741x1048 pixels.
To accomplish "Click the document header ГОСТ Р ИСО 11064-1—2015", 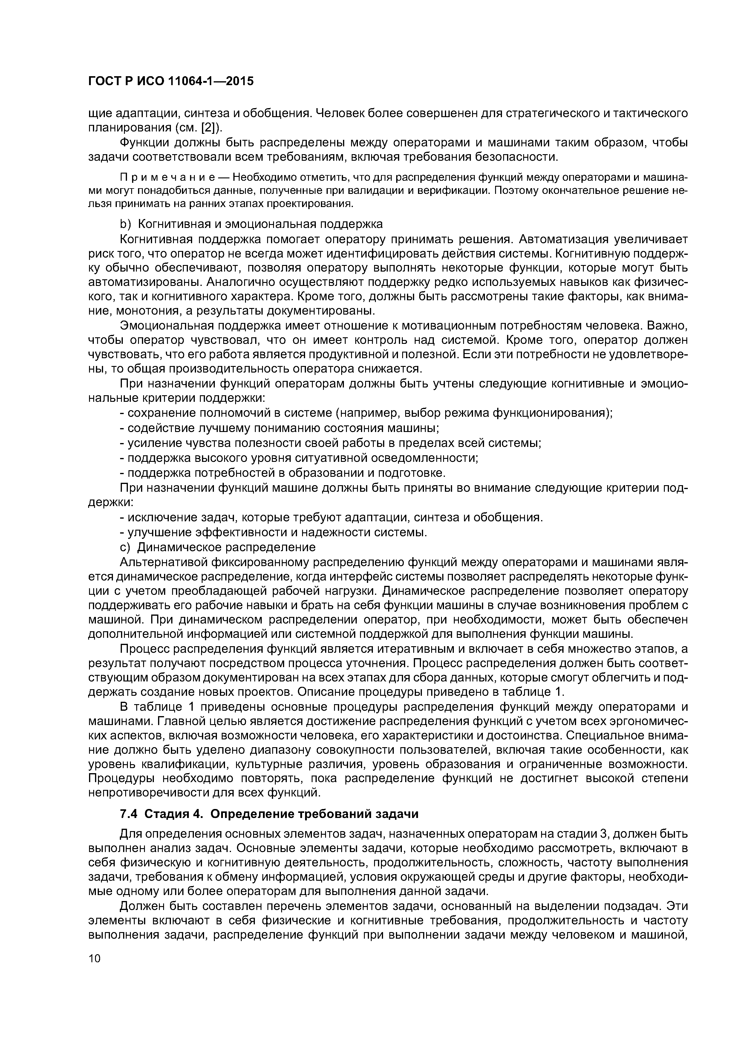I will [170, 82].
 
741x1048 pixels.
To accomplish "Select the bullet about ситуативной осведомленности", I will [299, 457].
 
